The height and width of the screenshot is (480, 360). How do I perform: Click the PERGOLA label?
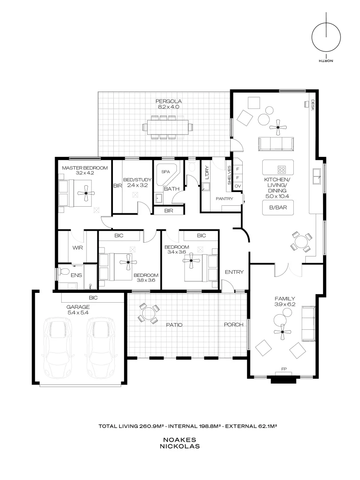point(168,101)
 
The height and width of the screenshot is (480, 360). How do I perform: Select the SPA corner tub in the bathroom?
point(166,172)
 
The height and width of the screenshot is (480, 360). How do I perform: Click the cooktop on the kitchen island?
point(281,169)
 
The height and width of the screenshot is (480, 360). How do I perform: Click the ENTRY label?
point(234,272)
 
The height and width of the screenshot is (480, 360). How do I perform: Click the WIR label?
point(78,248)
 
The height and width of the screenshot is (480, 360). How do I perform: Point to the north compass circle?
point(326,36)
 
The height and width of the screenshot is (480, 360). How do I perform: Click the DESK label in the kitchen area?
point(313,105)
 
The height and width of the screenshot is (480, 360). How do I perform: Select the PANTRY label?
point(224,199)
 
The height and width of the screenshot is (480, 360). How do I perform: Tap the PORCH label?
point(234,324)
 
